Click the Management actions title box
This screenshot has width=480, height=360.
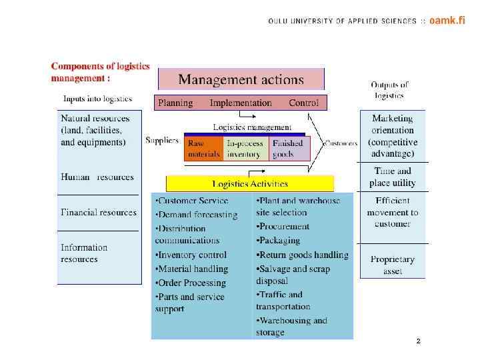(241, 79)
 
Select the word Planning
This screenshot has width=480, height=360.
(175, 103)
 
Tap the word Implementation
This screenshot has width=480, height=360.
(241, 103)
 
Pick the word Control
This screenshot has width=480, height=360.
(303, 103)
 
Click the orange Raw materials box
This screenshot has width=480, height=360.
(203, 149)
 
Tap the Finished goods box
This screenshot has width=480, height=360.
(289, 149)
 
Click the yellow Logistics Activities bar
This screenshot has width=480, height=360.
(249, 183)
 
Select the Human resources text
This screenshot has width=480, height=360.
(97, 178)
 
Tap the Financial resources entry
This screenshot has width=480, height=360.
(98, 213)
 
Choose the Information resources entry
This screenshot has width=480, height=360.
(84, 253)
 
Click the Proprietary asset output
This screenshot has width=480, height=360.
(392, 265)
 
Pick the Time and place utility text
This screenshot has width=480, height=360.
(393, 177)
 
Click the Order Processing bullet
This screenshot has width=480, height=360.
(191, 283)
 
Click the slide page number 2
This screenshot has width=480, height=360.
(418, 341)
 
